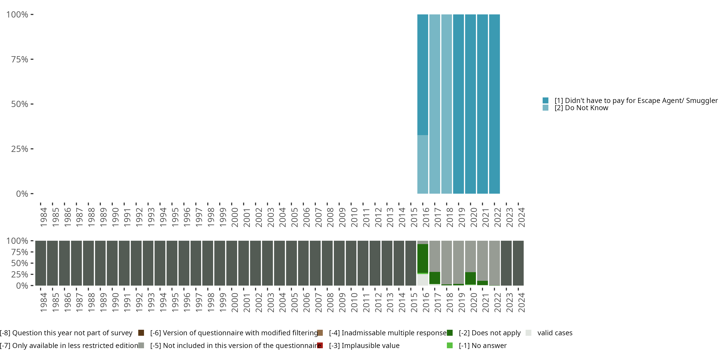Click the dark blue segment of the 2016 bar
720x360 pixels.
[423, 75]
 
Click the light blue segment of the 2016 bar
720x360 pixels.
[423, 164]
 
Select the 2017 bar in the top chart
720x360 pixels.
[435, 104]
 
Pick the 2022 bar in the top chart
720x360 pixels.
[494, 104]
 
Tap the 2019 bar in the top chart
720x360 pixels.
[458, 104]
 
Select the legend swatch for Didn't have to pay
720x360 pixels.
[545, 100]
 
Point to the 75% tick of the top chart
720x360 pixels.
[32, 59]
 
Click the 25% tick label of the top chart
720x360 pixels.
[20, 149]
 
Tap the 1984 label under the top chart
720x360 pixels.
[44, 217]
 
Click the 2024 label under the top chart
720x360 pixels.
[522, 217]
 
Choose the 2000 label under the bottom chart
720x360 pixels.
[235, 302]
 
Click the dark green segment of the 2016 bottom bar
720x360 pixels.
[423, 258]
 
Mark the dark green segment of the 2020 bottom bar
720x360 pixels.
[470, 278]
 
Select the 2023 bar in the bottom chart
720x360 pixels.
[506, 263]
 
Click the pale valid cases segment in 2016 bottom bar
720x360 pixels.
[423, 280]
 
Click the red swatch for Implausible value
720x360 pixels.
[320, 345]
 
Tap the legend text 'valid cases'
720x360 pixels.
[555, 333]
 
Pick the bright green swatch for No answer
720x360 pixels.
[450, 345]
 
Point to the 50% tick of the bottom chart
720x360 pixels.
[32, 263]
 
